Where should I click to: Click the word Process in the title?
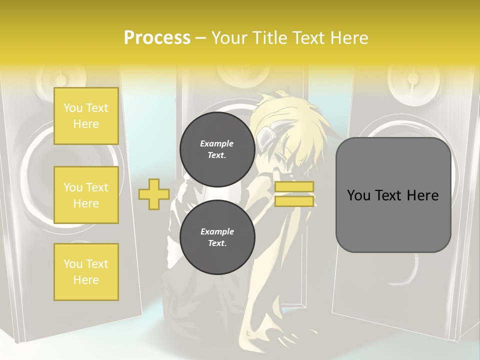click(157, 38)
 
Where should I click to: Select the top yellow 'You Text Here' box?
click(86, 116)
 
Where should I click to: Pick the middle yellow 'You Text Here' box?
click(86, 195)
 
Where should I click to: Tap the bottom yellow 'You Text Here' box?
click(86, 272)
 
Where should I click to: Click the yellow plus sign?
click(153, 194)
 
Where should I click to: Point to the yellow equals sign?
click(294, 194)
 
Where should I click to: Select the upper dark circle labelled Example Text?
click(217, 149)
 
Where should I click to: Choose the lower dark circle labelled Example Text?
click(217, 237)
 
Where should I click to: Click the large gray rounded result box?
click(393, 195)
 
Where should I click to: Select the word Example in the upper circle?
click(217, 143)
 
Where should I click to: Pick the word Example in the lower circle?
click(217, 231)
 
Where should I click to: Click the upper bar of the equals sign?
click(294, 187)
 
